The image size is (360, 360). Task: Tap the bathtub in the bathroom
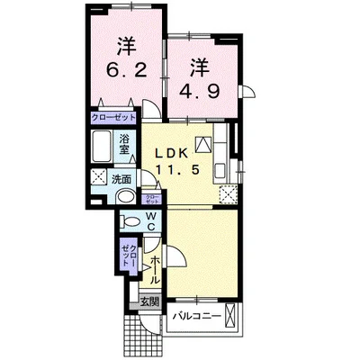pyautogui.click(x=103, y=146)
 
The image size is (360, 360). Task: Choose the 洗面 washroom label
pyautogui.click(x=119, y=178)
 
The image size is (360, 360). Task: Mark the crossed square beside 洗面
pyautogui.click(x=96, y=178)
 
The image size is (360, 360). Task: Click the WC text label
pyautogui.click(x=151, y=220)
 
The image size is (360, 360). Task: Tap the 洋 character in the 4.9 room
pyautogui.click(x=201, y=66)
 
